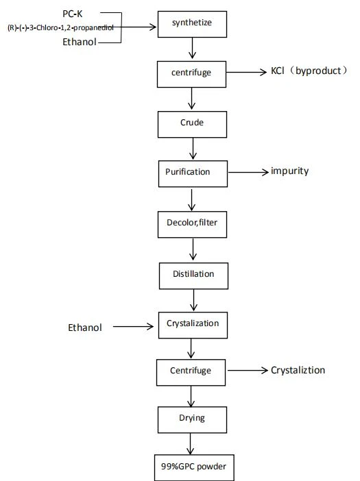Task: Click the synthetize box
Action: [x=192, y=24]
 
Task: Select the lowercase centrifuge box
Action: [x=191, y=74]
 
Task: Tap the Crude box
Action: [x=192, y=124]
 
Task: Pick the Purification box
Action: [x=193, y=173]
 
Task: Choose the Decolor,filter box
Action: [x=192, y=224]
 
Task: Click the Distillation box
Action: [x=193, y=275]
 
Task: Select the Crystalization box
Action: [x=193, y=325]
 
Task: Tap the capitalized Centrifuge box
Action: [x=191, y=373]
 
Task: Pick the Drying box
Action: [x=192, y=419]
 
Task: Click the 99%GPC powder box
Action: [x=194, y=467]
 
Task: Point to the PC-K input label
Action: [x=73, y=14]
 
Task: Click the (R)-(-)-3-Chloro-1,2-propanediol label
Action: [x=60, y=27]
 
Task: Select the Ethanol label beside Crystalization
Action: [x=85, y=328]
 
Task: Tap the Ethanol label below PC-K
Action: [x=80, y=42]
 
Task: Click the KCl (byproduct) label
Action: [x=309, y=71]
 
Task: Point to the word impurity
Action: [x=290, y=171]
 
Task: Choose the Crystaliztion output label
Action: [x=298, y=370]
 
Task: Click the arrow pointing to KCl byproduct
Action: [x=246, y=72]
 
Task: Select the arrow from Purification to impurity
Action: [x=248, y=172]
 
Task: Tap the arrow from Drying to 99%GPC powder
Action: [x=190, y=443]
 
